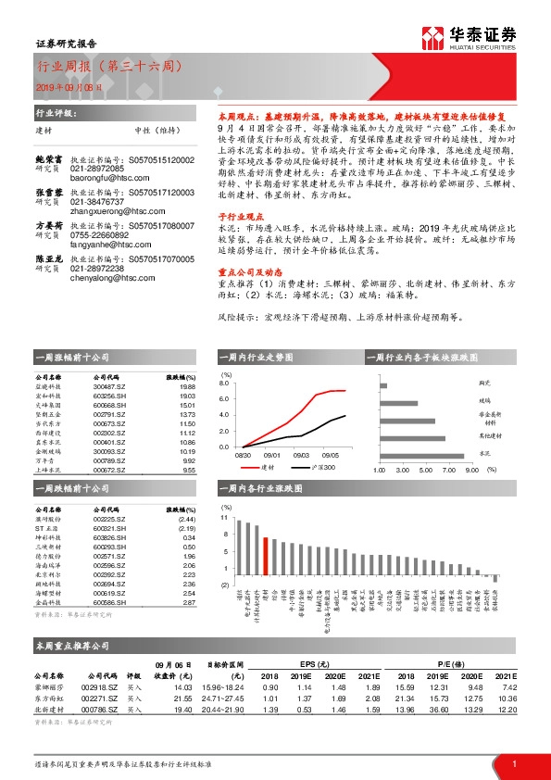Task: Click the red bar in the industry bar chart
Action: [266, 557]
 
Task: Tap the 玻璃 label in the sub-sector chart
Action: [483, 400]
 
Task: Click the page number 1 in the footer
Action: [514, 762]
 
